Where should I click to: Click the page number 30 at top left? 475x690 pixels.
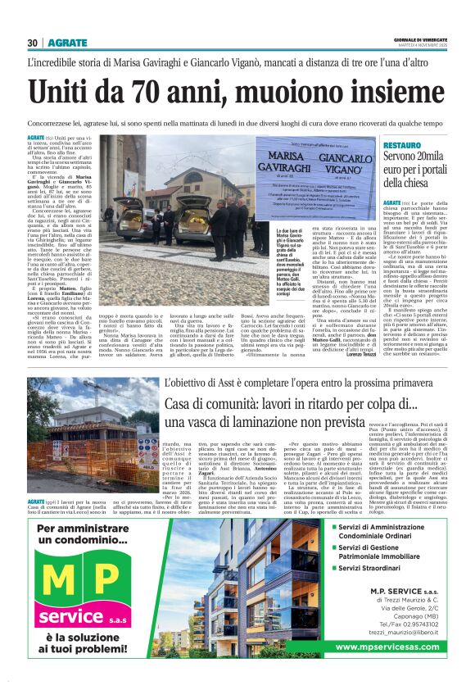click(32, 43)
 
